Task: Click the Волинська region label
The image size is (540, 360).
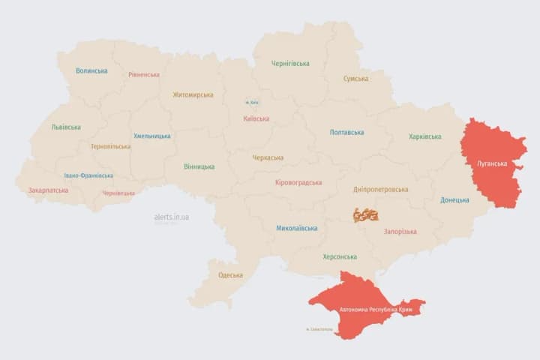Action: tap(91, 71)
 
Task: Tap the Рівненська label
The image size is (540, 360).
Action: tap(143, 75)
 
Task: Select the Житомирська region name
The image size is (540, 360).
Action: tap(193, 95)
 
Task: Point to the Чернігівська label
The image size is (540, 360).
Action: tap(290, 64)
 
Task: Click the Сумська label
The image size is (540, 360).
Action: tap(355, 79)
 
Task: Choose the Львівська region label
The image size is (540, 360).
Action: tap(66, 127)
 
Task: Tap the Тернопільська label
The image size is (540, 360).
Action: tap(110, 147)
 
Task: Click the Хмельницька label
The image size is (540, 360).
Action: tap(151, 136)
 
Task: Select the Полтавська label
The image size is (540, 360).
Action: tap(346, 133)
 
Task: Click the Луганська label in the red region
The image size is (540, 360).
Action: tap(492, 163)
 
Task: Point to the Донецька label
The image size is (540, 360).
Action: tap(454, 200)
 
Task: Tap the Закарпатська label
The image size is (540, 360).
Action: tap(48, 190)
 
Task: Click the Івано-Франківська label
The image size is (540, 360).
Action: tap(88, 175)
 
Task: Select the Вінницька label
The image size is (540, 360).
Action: tap(199, 166)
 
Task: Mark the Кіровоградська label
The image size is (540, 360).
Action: tap(298, 182)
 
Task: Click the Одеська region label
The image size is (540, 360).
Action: tap(230, 275)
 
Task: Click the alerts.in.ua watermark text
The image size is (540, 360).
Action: tap(171, 217)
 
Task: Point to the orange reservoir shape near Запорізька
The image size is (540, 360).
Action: tap(366, 215)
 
